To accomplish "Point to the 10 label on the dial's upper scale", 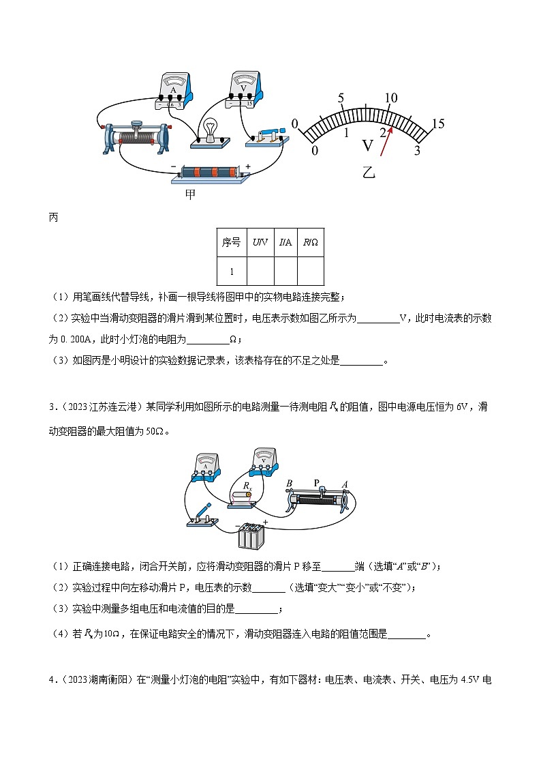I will click(390, 98).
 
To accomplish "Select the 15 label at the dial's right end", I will click(437, 123).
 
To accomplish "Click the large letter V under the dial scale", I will click(368, 145).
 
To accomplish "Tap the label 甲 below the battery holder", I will click(191, 194).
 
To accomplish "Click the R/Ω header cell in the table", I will click(311, 242).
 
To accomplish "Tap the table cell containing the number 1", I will click(232, 271).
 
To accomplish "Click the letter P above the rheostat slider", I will click(316, 482).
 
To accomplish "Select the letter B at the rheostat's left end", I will click(290, 484).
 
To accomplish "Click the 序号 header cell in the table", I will click(232, 242).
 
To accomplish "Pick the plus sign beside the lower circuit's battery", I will click(266, 522).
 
